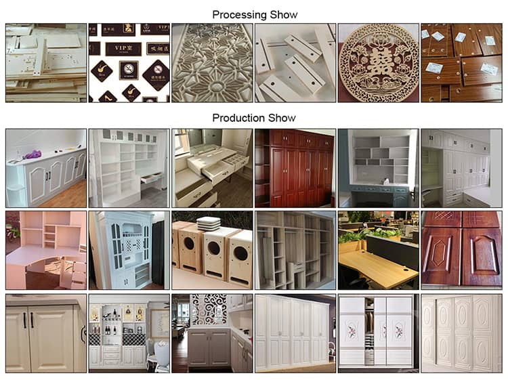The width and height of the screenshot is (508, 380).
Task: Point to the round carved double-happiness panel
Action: tap(377, 62)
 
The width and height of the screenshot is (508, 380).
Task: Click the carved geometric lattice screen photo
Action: tap(211, 63)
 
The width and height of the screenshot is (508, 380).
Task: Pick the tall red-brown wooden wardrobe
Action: tap(294, 169)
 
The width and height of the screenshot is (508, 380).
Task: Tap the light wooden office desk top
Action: tap(376, 266)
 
